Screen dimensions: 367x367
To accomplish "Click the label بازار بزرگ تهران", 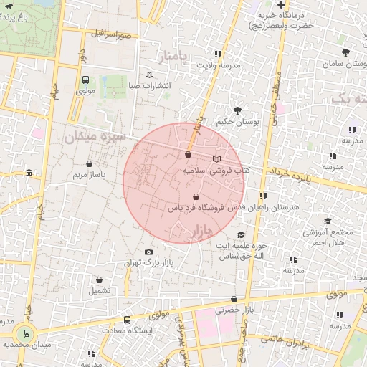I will [x=151, y=264].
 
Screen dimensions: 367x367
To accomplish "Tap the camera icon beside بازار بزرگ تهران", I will [x=148, y=252].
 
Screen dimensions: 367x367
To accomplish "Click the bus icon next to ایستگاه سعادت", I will [x=127, y=320].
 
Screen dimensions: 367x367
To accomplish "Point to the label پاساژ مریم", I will [x=90, y=174].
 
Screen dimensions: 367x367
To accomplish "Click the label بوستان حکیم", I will [x=237, y=122].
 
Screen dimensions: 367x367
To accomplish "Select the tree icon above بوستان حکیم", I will [x=237, y=110].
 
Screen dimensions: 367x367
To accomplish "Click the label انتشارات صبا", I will [x=149, y=86].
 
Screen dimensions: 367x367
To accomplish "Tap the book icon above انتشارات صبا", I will [x=149, y=75].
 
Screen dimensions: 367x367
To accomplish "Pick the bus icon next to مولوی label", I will [x=85, y=80].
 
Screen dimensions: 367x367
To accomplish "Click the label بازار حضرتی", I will [x=235, y=310].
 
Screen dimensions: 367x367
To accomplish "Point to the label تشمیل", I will [x=99, y=291].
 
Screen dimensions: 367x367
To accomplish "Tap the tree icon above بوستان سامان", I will [x=345, y=52].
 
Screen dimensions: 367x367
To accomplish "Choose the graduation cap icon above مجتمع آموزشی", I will [x=328, y=221].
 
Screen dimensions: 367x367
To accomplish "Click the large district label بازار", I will [x=203, y=231].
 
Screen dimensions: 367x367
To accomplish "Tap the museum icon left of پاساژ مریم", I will [x=29, y=173].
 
